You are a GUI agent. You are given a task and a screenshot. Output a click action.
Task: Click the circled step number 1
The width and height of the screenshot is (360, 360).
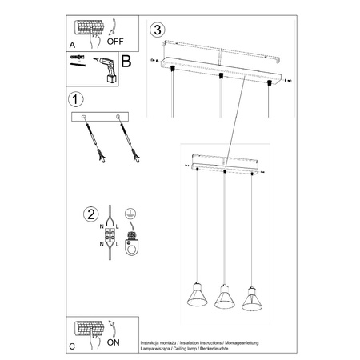pos(74,101)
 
